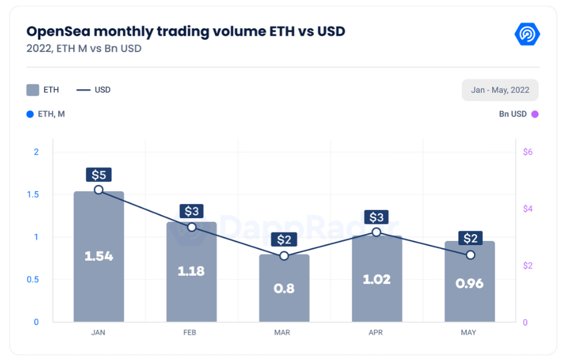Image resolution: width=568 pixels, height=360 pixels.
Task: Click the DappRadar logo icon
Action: tap(527, 34)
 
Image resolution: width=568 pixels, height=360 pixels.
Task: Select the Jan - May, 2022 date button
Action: tap(500, 90)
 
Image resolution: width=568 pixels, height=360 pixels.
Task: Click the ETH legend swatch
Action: tap(32, 90)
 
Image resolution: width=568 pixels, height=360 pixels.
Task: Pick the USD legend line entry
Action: tap(93, 90)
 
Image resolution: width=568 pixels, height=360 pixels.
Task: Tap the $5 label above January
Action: tap(99, 174)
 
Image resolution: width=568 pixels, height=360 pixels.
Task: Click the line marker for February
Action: tap(191, 227)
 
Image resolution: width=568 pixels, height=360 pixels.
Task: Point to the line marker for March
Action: tap(284, 256)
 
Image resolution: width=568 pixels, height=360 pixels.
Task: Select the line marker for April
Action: tap(377, 232)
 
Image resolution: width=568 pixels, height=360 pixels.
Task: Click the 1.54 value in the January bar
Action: tap(99, 256)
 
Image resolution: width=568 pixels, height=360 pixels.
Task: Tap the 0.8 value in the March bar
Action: tap(284, 288)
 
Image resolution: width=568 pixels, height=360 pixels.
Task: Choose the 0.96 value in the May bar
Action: tap(469, 283)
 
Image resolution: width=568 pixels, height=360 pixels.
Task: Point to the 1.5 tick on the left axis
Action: tap(32, 194)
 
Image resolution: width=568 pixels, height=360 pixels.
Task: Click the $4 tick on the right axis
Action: tap(527, 209)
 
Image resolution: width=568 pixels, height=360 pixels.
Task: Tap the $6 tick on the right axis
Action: tap(527, 152)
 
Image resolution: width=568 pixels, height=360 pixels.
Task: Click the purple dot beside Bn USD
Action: tap(535, 114)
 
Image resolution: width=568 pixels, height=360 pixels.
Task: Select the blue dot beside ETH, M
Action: tap(30, 114)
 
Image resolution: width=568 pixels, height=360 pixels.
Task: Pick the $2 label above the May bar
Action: tap(469, 238)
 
